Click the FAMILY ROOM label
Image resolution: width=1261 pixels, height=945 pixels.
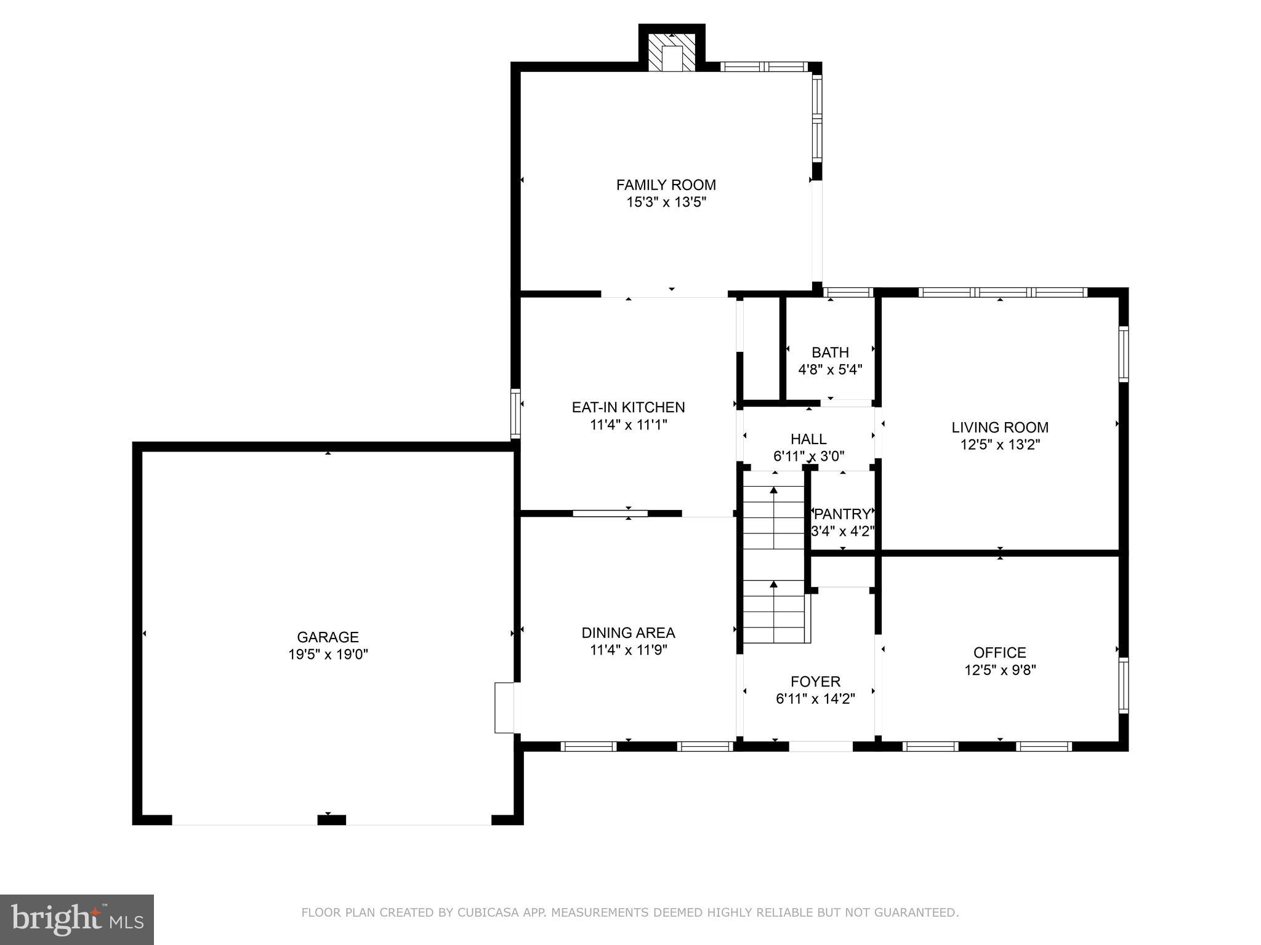point(666,185)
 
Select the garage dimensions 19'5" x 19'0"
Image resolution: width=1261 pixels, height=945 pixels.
point(328,654)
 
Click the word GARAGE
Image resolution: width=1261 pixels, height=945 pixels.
point(328,637)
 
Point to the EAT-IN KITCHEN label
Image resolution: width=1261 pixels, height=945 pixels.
point(628,407)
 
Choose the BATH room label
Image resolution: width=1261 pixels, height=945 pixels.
point(830,353)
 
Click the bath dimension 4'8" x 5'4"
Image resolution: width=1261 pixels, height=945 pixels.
point(830,370)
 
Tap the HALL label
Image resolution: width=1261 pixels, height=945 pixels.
point(808,439)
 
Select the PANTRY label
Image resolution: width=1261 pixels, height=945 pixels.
point(842,514)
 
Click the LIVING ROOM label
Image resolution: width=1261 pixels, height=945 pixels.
point(1000,427)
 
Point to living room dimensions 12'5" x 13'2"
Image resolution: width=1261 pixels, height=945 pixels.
point(1000,444)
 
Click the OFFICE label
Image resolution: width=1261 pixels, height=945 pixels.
point(999,652)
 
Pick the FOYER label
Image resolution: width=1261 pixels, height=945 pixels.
point(815,681)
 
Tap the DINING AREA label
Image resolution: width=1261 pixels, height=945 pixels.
point(628,632)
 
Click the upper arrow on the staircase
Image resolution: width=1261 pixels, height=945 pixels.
point(774,491)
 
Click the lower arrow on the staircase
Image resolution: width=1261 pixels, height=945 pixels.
point(774,584)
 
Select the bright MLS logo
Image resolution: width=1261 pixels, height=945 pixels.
point(77,919)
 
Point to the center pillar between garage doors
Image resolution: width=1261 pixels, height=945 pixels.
point(331,819)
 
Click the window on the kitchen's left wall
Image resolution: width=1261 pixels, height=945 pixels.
point(516,413)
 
